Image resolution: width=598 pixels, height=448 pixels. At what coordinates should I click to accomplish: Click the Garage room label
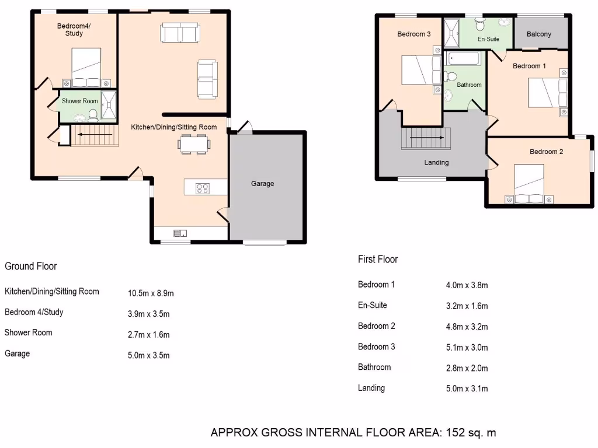click(262, 183)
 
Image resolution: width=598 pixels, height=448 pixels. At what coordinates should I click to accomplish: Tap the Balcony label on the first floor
click(538, 34)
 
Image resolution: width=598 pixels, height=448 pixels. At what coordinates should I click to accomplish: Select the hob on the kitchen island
click(202, 188)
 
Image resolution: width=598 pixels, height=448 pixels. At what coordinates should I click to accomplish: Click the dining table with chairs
click(193, 143)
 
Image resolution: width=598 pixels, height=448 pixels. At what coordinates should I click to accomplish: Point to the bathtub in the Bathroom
click(463, 59)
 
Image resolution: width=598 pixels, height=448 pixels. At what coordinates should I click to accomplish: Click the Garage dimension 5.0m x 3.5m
click(148, 355)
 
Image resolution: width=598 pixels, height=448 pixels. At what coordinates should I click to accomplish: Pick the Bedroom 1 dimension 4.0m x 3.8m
click(467, 285)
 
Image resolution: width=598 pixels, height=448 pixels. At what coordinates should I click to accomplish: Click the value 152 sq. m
click(471, 432)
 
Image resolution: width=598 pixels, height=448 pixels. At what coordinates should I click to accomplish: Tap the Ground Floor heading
click(31, 266)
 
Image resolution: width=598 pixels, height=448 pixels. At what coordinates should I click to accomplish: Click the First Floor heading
click(378, 259)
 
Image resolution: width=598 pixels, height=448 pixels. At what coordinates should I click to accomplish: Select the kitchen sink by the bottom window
click(179, 233)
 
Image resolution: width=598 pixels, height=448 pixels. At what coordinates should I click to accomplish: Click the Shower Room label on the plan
click(80, 101)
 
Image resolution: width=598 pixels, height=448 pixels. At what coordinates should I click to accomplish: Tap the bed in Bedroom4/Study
click(86, 68)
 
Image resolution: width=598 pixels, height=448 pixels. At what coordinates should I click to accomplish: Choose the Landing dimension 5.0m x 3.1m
click(467, 388)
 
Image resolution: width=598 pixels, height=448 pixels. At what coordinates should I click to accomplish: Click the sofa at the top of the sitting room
click(180, 33)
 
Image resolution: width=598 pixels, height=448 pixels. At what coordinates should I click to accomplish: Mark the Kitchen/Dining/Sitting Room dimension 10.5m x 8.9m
click(151, 293)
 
